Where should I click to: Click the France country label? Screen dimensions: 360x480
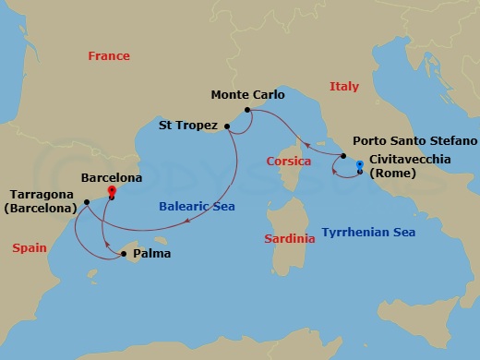[109, 56]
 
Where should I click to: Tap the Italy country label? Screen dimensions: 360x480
[344, 87]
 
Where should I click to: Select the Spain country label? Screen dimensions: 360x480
[29, 247]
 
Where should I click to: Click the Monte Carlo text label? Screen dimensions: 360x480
[247, 94]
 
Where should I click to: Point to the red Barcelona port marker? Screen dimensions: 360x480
[110, 191]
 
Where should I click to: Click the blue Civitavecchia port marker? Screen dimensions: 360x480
[359, 165]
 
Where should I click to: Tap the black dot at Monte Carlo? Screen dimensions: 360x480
[247, 112]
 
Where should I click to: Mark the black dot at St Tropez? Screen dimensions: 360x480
[227, 126]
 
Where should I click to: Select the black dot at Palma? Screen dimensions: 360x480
[124, 252]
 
